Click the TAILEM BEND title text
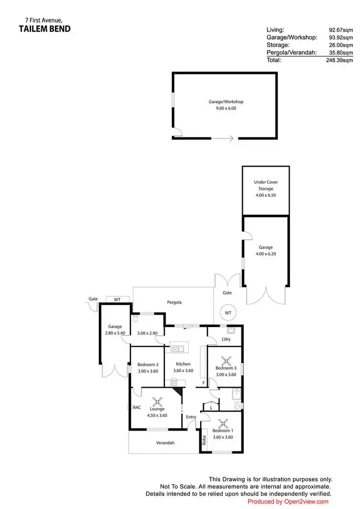coord(45,29)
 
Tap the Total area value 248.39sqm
coord(335,61)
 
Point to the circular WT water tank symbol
coord(228,313)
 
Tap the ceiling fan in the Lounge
coord(157,401)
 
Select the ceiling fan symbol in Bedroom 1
coord(223,424)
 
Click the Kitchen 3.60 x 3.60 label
coord(183,367)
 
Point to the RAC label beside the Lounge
coord(137,407)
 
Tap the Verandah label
coord(164,442)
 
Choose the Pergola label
coord(174,303)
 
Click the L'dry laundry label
coord(226,339)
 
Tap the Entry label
coord(191,417)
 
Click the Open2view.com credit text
coord(288,501)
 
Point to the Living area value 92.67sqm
coord(336,30)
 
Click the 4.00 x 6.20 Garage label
coord(266,251)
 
